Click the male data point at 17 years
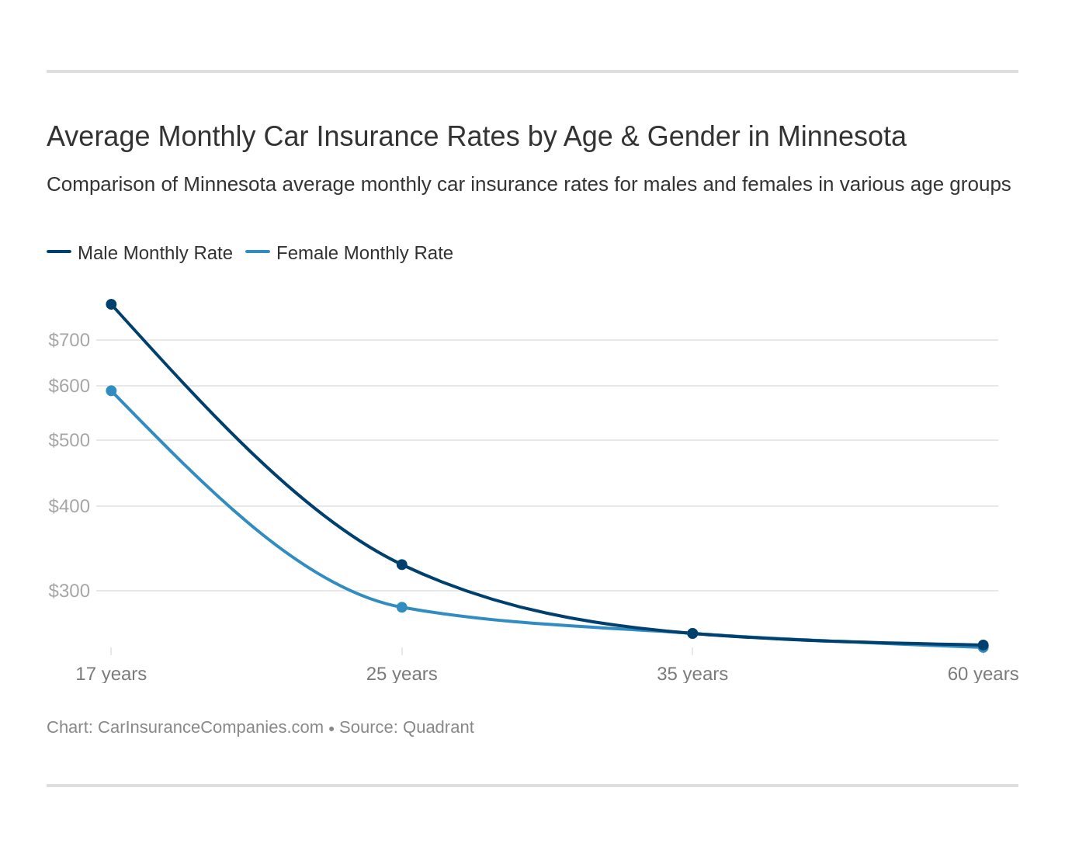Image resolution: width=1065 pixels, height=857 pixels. [111, 304]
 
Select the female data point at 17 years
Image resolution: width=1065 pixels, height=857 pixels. [111, 390]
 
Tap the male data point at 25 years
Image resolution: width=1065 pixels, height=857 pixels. [401, 564]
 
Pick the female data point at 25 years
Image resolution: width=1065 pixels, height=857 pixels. [401, 607]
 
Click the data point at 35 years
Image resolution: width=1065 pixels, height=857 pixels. [692, 633]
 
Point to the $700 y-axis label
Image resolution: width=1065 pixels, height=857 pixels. [69, 340]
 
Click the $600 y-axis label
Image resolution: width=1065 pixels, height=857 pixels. [69, 386]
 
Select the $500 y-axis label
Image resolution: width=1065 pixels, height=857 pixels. [69, 440]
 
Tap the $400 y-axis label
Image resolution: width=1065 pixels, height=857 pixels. [69, 506]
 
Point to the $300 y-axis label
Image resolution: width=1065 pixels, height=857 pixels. [69, 591]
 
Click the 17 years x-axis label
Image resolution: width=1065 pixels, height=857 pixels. [111, 674]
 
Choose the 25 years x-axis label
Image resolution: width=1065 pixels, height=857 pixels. [401, 674]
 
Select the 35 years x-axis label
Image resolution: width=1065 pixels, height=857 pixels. [692, 674]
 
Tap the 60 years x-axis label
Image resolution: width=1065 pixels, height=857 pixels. [983, 674]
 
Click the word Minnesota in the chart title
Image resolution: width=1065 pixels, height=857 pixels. [841, 137]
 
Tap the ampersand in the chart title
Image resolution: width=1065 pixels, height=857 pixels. [630, 137]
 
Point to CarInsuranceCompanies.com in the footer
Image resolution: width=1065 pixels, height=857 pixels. [210, 727]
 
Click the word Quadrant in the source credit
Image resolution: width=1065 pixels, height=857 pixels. [438, 727]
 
